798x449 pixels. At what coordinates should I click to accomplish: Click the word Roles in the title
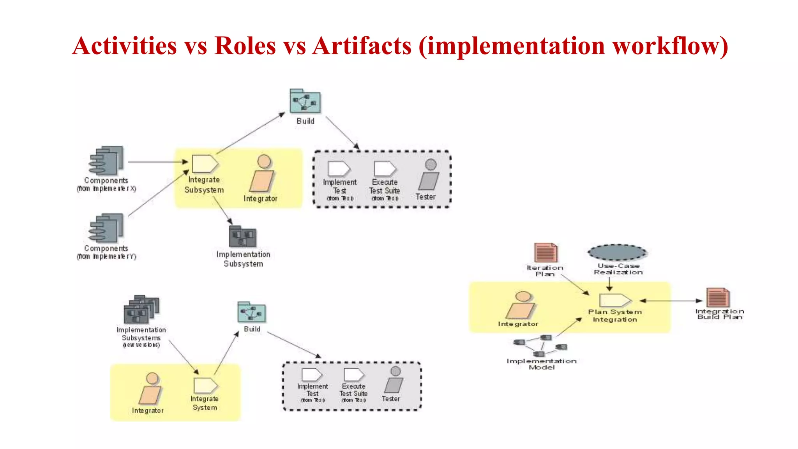[245, 46]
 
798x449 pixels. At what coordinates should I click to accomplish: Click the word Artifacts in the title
[362, 46]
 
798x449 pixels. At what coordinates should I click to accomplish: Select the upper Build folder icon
[305, 101]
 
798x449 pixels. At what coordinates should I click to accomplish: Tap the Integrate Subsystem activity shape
[205, 164]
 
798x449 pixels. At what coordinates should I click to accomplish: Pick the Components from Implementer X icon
[106, 161]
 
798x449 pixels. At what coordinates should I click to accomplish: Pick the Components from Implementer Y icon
[106, 228]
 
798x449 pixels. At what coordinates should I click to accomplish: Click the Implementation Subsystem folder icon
[242, 237]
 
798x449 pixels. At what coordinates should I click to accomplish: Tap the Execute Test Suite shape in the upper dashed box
[385, 169]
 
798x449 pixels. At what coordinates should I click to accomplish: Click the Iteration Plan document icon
[546, 253]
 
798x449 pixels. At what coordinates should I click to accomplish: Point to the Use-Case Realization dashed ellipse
[617, 253]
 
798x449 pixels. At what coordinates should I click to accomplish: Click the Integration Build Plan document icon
[718, 298]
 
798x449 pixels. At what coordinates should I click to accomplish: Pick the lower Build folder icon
[252, 313]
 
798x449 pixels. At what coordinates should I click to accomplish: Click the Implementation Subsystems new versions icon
[141, 310]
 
